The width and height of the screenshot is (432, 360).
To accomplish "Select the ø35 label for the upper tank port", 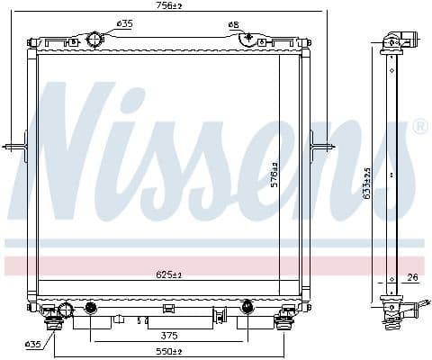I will pos(125,24).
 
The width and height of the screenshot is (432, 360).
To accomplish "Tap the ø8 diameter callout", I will pos(233,24).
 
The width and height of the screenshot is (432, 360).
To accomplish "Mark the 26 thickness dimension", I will pos(411,276).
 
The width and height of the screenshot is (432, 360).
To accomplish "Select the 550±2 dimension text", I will pos(168,350).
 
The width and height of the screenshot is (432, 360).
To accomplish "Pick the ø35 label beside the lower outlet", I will pos(32,344).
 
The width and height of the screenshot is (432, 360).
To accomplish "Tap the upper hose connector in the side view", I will pos(396,40).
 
